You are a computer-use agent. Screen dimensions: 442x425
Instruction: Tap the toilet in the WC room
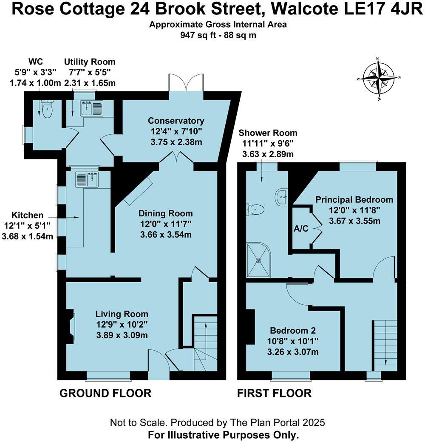pyautogui.click(x=47, y=110)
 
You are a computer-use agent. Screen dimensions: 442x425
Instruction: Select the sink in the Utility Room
pyautogui.click(x=92, y=109)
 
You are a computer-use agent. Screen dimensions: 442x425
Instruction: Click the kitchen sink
pyautogui.click(x=87, y=180)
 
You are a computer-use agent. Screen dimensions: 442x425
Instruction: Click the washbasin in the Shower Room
pyautogui.click(x=282, y=196)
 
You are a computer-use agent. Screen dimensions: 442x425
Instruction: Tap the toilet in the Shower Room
pyautogui.click(x=255, y=209)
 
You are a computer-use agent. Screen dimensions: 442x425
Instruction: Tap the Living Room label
pyautogui.click(x=122, y=314)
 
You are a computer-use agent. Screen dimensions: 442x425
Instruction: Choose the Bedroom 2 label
pyautogui.click(x=293, y=331)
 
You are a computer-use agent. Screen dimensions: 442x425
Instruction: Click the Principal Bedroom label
pyautogui.click(x=354, y=200)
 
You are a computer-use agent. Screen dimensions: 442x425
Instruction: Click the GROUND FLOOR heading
pyautogui.click(x=105, y=393)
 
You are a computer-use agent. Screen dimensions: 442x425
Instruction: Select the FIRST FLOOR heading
pyautogui.click(x=274, y=393)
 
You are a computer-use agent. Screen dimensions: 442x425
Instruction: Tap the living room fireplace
pyautogui.click(x=70, y=327)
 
